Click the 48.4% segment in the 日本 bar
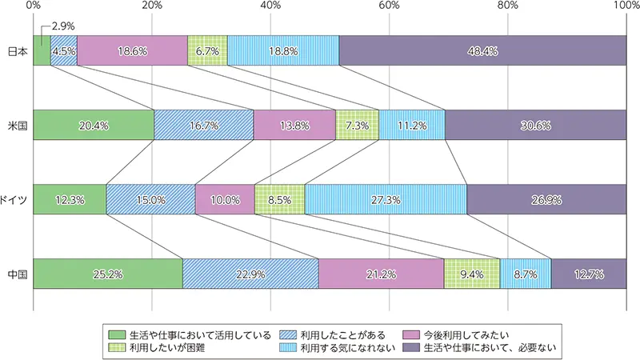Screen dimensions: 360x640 [x=482, y=50]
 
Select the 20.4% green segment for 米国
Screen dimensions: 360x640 [x=94, y=125]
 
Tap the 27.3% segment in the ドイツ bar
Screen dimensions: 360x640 [x=385, y=199]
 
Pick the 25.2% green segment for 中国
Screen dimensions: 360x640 [x=108, y=274]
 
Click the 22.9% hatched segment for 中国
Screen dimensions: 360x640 [x=250, y=274]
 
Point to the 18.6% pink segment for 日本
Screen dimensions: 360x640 [x=132, y=50]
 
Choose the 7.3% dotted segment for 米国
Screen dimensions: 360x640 [x=357, y=125]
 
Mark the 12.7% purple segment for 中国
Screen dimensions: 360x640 [x=588, y=274]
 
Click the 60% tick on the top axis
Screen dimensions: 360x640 [x=389, y=6]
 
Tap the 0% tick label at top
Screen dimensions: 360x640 [x=34, y=6]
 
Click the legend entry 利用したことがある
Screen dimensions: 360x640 [x=340, y=334]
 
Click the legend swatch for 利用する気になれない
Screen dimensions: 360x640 [x=287, y=348]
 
